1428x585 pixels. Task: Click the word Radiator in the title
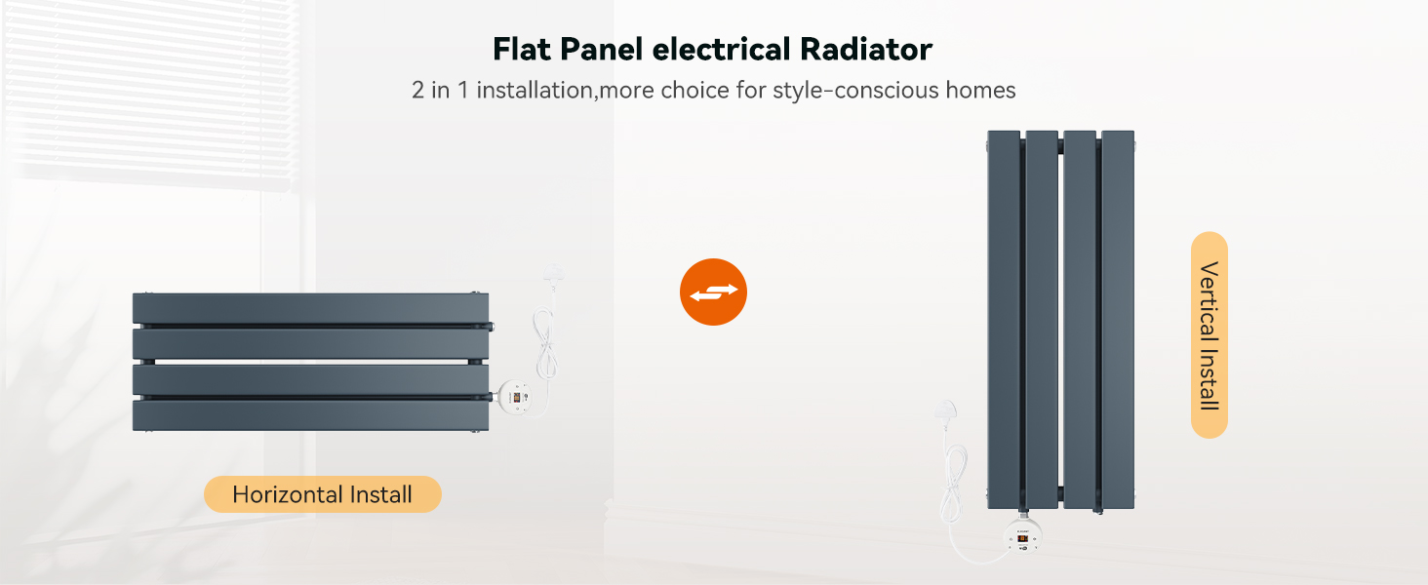tap(866, 49)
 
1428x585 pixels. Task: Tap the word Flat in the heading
tap(522, 49)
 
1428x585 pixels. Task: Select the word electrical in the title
tap(721, 49)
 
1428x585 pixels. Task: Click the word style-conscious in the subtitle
tap(854, 91)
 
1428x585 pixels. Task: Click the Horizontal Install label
tap(323, 494)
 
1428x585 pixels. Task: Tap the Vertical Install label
tap(1210, 335)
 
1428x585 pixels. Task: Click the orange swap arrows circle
tap(713, 292)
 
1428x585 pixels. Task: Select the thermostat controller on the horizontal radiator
tap(514, 398)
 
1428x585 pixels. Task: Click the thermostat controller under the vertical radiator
tap(1022, 536)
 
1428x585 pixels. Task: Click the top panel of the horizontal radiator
tap(310, 308)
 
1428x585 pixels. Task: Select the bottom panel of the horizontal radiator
tap(310, 415)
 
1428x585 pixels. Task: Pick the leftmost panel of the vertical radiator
tap(1004, 320)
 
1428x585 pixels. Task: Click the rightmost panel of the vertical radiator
tap(1118, 320)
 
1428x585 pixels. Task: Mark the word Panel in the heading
tap(602, 49)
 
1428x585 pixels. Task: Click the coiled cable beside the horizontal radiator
tap(546, 344)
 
